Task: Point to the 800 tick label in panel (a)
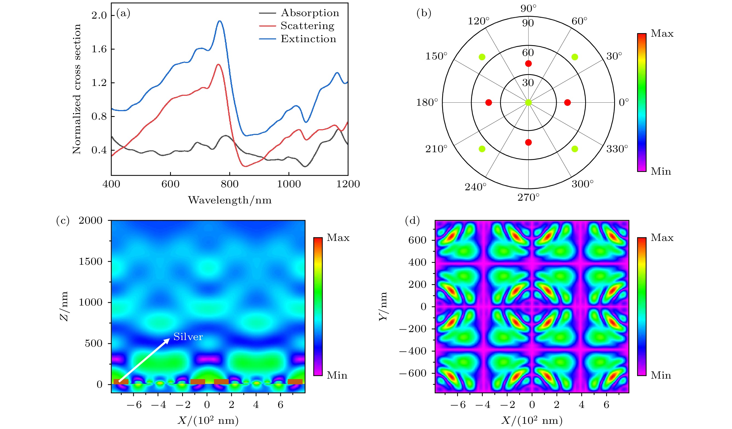(x=229, y=184)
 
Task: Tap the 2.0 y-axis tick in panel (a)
(x=99, y=15)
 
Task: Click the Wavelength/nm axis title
(x=229, y=200)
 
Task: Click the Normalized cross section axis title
(x=77, y=89)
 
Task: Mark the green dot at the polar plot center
(x=528, y=102)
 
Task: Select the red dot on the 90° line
(x=528, y=64)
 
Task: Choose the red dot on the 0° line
(x=567, y=102)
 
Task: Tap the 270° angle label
(x=528, y=197)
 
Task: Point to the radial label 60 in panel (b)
(x=528, y=53)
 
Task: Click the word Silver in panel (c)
(x=188, y=337)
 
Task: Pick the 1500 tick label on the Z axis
(x=90, y=261)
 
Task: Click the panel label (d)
(x=412, y=221)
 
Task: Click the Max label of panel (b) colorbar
(x=662, y=33)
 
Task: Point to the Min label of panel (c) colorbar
(x=337, y=376)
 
